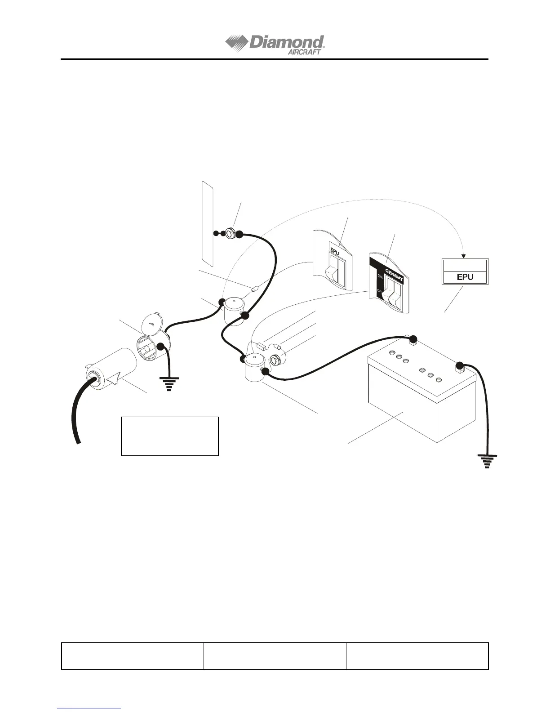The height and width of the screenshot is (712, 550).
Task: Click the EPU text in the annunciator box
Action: [x=465, y=277]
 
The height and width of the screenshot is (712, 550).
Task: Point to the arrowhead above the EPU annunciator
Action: [x=464, y=257]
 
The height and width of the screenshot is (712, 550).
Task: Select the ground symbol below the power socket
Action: [x=169, y=384]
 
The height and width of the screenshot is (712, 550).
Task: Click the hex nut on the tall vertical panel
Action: [x=228, y=233]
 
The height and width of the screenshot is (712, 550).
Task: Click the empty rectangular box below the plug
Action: [x=170, y=436]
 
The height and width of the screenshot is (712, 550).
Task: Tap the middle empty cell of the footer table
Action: [x=275, y=656]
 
